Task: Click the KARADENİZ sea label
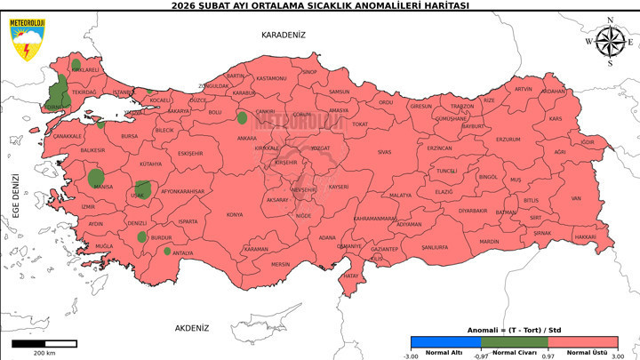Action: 283,35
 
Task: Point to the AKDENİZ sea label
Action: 192,328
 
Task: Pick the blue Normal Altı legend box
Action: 445,341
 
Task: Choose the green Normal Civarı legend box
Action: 515,341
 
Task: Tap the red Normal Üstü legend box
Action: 583,341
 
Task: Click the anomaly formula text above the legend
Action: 515,330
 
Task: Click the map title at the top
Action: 320,5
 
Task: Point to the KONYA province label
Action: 234,214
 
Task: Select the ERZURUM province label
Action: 508,140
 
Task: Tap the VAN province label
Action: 575,199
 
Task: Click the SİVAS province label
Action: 384,152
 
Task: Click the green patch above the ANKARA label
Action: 242,117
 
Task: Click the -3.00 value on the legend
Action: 411,356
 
